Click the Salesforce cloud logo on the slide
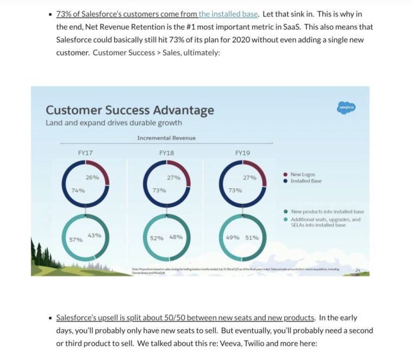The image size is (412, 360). pyautogui.click(x=346, y=108)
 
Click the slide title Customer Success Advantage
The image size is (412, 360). pyautogui.click(x=129, y=110)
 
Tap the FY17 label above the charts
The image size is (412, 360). pyautogui.click(x=85, y=153)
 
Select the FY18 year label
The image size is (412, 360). pyautogui.click(x=166, y=153)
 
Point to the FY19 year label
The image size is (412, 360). pyautogui.click(x=242, y=153)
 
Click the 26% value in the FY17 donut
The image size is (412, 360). pyautogui.click(x=92, y=178)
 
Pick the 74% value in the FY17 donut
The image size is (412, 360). pyautogui.click(x=78, y=190)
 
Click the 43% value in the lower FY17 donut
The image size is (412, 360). pyautogui.click(x=94, y=235)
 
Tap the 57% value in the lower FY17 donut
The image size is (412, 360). pyautogui.click(x=76, y=239)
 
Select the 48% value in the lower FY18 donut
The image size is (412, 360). pyautogui.click(x=176, y=238)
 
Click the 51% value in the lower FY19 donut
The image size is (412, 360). pyautogui.click(x=252, y=238)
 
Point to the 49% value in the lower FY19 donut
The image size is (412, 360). pyautogui.click(x=233, y=238)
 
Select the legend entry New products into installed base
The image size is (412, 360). pyautogui.click(x=327, y=212)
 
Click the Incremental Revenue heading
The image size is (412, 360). pyautogui.click(x=166, y=138)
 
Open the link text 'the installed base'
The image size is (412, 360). pyautogui.click(x=228, y=14)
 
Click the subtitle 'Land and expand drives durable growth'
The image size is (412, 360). pyautogui.click(x=114, y=123)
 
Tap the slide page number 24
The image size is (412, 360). pyautogui.click(x=357, y=269)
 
